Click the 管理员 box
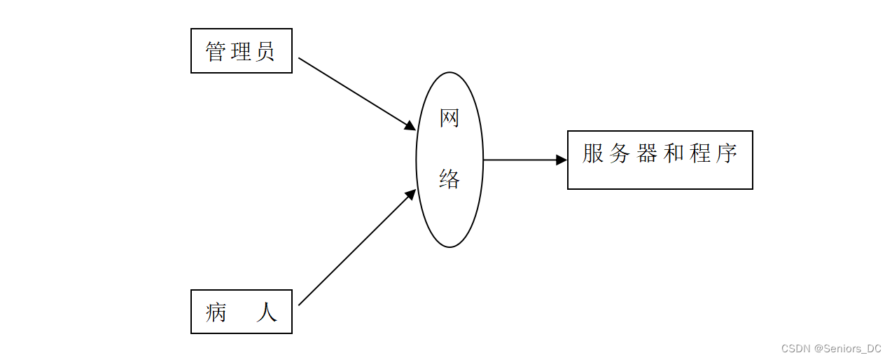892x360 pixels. [x=241, y=50]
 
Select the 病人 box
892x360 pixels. [x=241, y=312]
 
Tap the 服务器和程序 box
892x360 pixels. [x=660, y=160]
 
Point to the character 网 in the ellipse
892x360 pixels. [x=450, y=118]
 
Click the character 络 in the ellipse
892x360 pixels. [x=450, y=179]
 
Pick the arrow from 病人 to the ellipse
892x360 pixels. [x=354, y=250]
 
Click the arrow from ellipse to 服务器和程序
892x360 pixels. [x=522, y=160]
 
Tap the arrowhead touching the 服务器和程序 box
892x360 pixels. [x=562, y=160]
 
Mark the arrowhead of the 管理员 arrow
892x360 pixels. [x=410, y=125]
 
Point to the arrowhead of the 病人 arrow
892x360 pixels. [x=411, y=194]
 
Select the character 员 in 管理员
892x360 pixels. [x=265, y=51]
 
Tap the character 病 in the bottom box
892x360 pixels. [x=216, y=312]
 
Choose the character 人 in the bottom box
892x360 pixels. [x=266, y=312]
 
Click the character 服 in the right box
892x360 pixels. [x=593, y=153]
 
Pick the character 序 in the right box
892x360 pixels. [x=726, y=153]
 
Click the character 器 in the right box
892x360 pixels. [x=646, y=153]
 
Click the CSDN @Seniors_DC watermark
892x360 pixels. [x=831, y=348]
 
